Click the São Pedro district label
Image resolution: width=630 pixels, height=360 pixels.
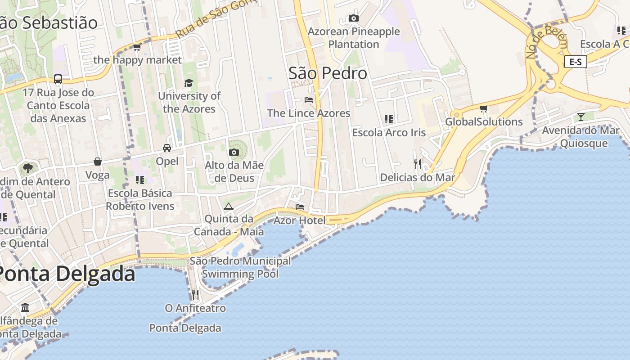(328, 73)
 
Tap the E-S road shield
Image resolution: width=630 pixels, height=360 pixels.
(576, 62)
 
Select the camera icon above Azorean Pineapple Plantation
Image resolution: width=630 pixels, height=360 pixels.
(354, 18)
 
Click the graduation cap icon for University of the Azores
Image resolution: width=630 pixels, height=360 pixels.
(189, 83)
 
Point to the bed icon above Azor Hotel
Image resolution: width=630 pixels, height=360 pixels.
(300, 207)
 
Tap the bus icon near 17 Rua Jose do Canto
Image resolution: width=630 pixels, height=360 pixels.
(58, 79)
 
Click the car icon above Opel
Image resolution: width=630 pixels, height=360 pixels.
(167, 148)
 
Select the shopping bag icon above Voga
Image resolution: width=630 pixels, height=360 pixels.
(98, 162)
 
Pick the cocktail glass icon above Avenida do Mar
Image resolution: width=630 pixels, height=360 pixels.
(581, 117)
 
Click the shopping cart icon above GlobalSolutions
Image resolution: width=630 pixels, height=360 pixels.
(484, 109)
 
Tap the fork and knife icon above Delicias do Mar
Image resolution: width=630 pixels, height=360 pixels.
(418, 164)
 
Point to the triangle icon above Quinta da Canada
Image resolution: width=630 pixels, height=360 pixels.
(229, 207)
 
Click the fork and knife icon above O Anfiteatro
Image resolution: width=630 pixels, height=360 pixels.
(195, 295)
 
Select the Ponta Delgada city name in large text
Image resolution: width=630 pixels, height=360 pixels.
(66, 274)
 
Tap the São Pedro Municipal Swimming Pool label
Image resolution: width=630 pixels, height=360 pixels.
(240, 267)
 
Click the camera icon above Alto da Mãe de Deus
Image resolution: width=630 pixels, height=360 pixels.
(234, 152)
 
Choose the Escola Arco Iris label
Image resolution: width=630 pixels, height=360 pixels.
(389, 133)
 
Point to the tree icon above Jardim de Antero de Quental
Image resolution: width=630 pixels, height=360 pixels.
(28, 168)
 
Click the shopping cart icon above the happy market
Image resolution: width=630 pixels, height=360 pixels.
(137, 47)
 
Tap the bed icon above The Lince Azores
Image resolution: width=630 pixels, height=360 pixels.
(309, 99)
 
